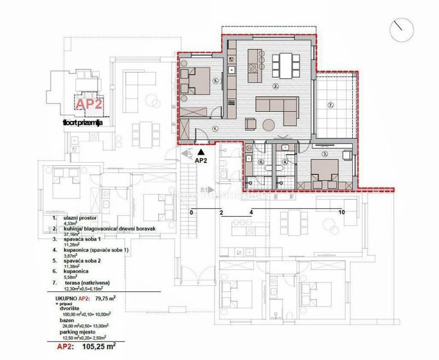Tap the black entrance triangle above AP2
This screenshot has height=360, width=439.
click(200, 151)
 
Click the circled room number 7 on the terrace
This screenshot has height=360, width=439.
click(331, 105)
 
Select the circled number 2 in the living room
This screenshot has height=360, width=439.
click(275, 87)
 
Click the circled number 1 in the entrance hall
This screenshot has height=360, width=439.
click(215, 128)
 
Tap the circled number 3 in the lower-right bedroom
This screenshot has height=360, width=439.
click(325, 154)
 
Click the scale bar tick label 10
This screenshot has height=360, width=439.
click(341, 213)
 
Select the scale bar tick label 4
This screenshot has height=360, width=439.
click(251, 213)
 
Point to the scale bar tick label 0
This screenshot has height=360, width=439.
click(191, 213)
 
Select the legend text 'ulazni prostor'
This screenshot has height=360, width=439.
click(79, 217)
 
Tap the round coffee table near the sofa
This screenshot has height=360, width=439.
click(268, 125)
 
